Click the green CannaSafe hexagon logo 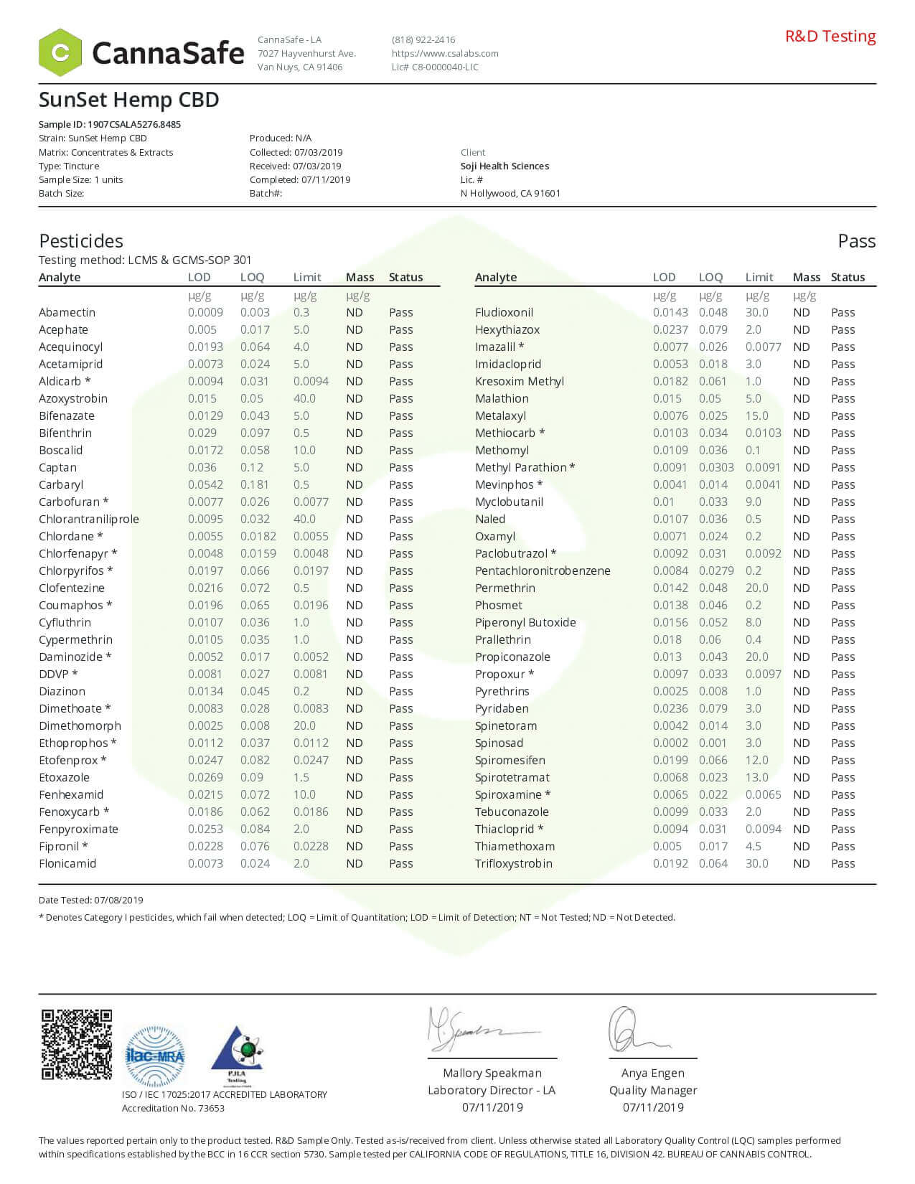(60, 52)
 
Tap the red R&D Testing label (830, 36)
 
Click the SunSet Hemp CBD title (128, 100)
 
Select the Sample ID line (110, 124)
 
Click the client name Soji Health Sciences (505, 166)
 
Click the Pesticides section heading (81, 241)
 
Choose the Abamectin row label (67, 312)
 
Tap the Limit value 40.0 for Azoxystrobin (304, 398)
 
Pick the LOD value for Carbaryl (205, 484)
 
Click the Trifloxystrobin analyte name (514, 863)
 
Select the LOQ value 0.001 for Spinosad (713, 743)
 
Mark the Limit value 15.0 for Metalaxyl (756, 415)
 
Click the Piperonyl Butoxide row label (525, 622)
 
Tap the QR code (76, 1044)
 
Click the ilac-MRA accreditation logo (155, 1056)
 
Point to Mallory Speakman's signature (470, 1030)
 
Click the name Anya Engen (652, 1073)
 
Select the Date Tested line (91, 900)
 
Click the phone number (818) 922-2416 (423, 39)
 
